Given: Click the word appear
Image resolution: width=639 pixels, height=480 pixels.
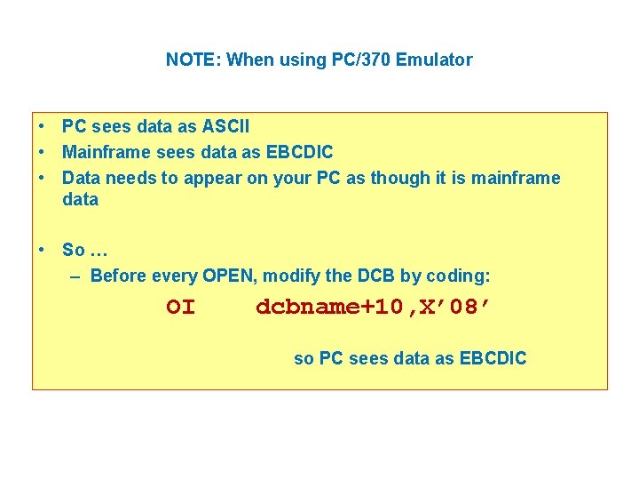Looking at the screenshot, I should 211,178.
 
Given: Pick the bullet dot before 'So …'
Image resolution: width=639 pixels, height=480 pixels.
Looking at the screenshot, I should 43,250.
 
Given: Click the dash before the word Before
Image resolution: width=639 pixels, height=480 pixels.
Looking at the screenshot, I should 76,276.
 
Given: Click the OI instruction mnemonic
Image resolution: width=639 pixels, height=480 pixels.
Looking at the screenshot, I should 180,308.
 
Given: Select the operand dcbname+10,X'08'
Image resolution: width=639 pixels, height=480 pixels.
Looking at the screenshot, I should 373,308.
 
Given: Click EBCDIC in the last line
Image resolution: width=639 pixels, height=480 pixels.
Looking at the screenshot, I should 493,359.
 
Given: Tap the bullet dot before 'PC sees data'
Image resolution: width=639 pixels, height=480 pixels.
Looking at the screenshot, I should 43,128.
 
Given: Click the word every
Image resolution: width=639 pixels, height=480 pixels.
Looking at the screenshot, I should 175,276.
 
